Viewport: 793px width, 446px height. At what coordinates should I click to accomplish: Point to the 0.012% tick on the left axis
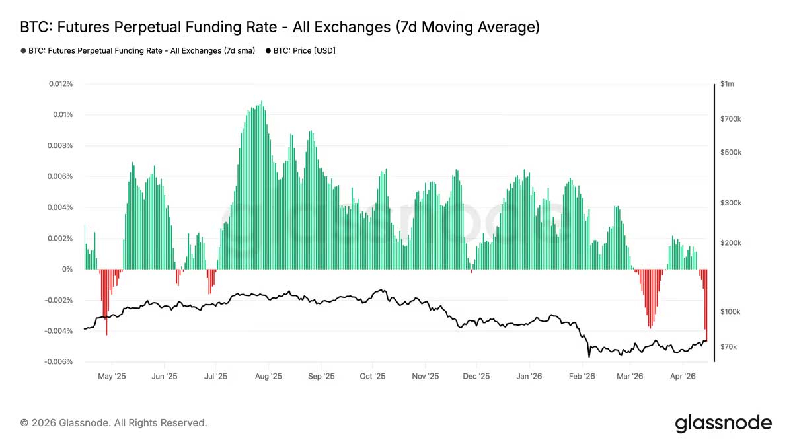(x=59, y=84)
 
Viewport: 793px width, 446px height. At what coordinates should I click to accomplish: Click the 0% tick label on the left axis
(x=67, y=270)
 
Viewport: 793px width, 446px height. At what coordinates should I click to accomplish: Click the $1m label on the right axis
(x=727, y=84)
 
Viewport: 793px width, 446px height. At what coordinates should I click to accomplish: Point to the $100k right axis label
(x=730, y=311)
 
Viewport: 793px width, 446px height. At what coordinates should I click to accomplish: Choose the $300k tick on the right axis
(x=730, y=203)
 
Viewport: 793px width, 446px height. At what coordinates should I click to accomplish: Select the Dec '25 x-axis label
(x=476, y=377)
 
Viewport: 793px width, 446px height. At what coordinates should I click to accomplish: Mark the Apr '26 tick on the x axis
(x=683, y=377)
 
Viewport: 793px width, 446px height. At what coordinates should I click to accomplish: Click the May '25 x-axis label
(x=112, y=377)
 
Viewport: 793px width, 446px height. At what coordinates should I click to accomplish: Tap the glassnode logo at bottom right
(x=723, y=423)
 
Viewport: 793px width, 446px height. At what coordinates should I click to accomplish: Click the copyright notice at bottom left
(x=114, y=423)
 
